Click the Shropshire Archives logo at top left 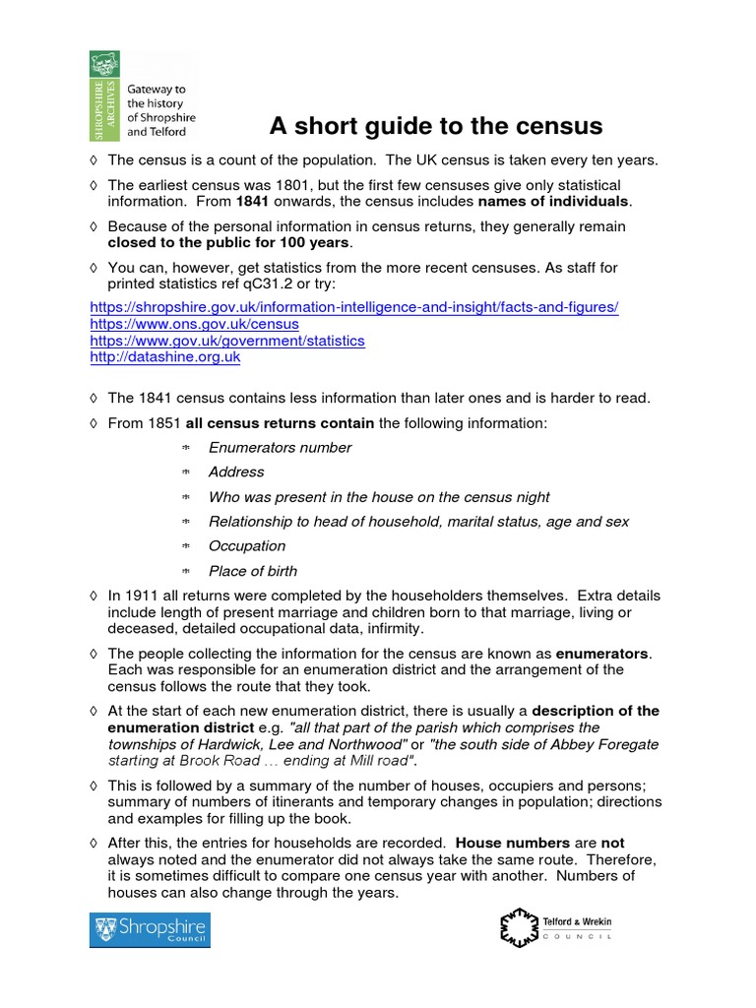143,94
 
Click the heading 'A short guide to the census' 436,127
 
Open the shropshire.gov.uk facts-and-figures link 354,307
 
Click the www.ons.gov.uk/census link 194,324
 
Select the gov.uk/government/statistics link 227,341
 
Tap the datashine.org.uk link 165,357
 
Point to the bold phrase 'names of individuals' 553,202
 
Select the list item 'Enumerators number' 280,448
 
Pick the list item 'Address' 236,472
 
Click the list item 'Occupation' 247,546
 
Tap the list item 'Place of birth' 253,571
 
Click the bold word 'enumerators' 603,653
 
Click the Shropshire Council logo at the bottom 150,929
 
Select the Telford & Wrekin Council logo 557,927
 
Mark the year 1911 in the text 140,597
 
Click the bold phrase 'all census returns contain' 280,423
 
